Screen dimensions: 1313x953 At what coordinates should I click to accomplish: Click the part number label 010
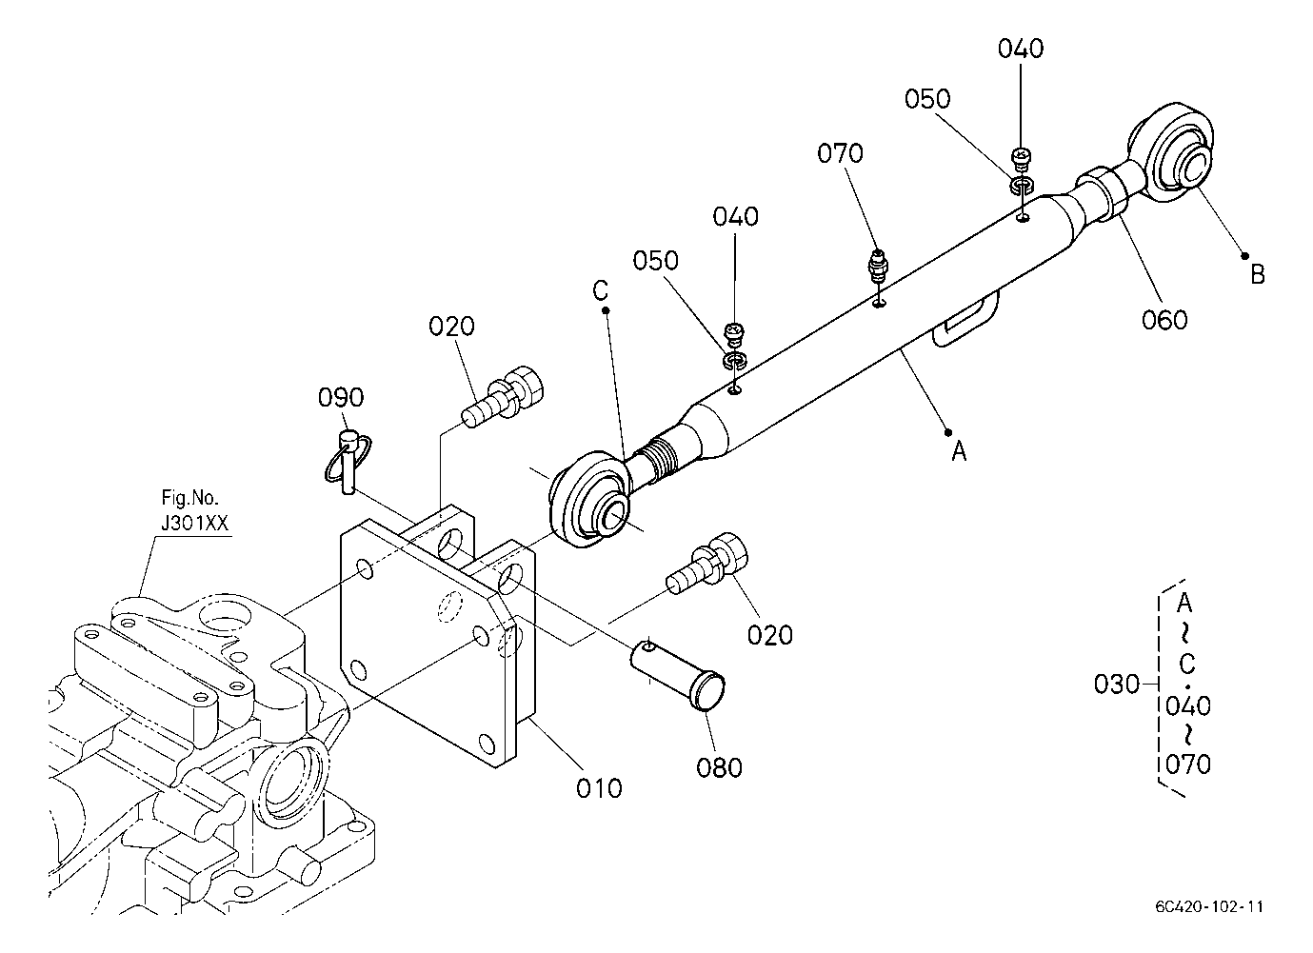coord(599,788)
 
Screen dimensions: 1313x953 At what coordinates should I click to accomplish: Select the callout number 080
coord(719,766)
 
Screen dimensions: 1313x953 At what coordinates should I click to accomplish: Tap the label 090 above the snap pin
coord(341,397)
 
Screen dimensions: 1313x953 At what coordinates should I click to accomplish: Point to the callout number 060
coord(1164,320)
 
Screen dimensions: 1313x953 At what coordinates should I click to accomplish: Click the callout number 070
coord(840,153)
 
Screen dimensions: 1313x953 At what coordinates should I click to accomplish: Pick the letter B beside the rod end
coord(1258,274)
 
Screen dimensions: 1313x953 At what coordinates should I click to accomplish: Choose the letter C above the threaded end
coord(601,290)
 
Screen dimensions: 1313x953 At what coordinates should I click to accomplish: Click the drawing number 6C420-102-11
coord(1209,906)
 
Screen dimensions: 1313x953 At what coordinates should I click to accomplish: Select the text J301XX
coord(194,523)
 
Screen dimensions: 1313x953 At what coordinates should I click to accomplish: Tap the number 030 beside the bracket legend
coord(1117,684)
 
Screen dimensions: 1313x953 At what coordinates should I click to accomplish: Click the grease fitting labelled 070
coord(877,267)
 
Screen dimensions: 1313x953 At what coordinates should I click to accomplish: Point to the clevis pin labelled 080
coord(678,673)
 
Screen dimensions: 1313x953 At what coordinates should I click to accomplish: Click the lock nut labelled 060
coord(1104,194)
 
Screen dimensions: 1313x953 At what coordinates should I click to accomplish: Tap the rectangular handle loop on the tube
coord(965,320)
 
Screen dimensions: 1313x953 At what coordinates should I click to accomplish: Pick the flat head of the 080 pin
coord(709,691)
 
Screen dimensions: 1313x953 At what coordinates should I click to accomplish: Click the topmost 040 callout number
coord(1021,49)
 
